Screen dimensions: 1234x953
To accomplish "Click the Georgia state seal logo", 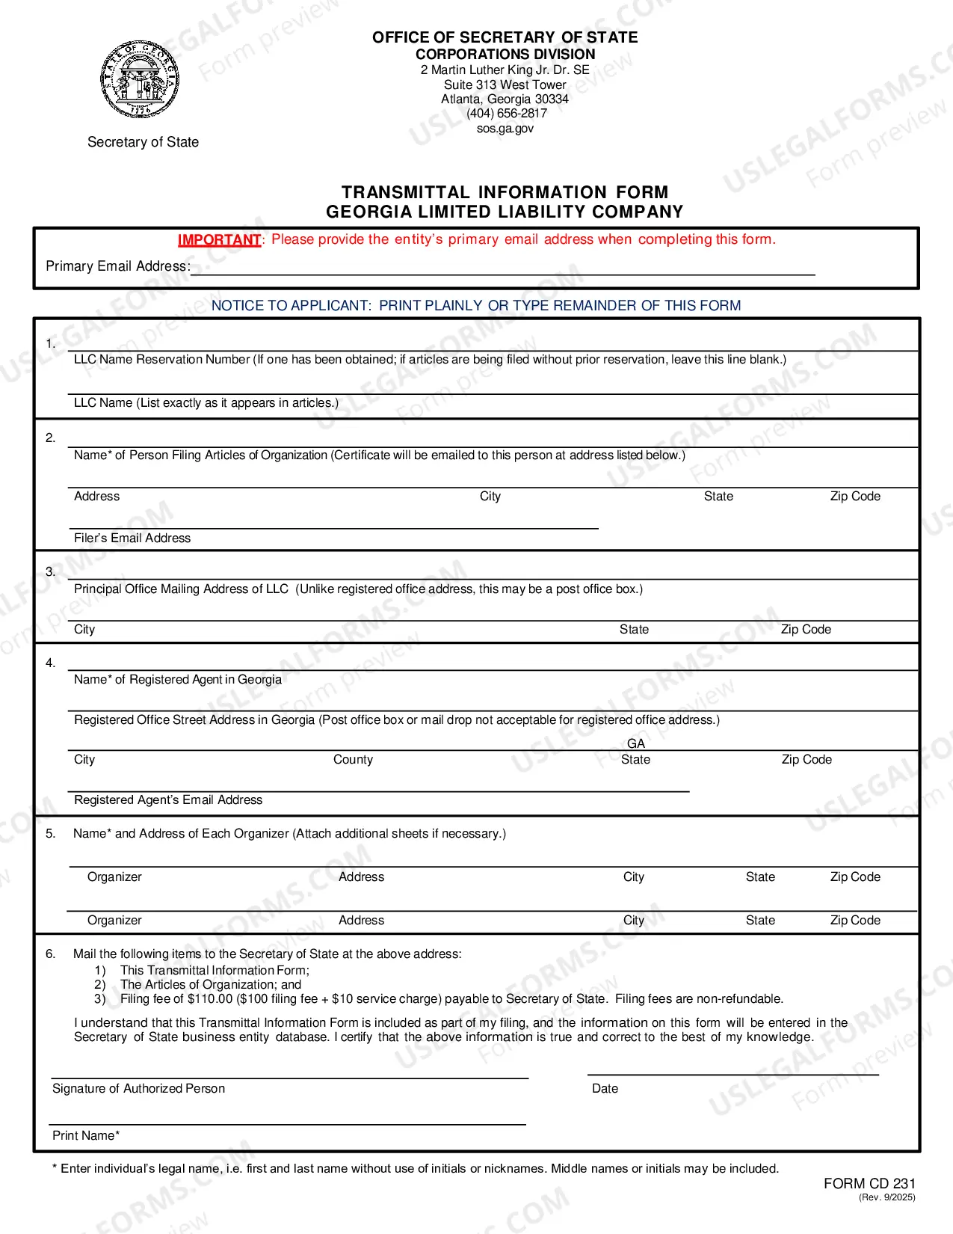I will click(x=140, y=79).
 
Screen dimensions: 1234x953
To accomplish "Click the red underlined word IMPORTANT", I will click(x=219, y=240).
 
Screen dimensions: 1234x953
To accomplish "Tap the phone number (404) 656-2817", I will click(x=507, y=114).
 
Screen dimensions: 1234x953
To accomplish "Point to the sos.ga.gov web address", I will click(x=505, y=129).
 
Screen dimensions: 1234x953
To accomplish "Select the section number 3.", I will click(x=50, y=571).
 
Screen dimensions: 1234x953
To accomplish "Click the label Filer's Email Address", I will click(x=132, y=538).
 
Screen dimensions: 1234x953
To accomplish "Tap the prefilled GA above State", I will click(x=636, y=743).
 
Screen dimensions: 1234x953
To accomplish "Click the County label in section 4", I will click(x=353, y=760).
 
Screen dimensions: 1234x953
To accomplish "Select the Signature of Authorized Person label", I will click(x=138, y=1089).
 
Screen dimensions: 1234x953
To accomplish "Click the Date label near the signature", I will click(x=605, y=1089).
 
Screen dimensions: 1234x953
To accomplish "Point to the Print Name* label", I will click(x=86, y=1135).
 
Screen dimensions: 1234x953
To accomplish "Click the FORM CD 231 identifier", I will click(x=869, y=1184).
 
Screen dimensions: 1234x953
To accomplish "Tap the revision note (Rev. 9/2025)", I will click(x=886, y=1197).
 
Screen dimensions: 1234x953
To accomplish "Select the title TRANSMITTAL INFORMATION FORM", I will click(x=505, y=193).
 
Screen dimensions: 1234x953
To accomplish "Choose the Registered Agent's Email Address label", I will click(x=168, y=800).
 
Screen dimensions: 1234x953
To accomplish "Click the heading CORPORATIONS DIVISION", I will click(x=505, y=55).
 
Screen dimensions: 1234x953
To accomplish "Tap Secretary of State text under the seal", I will click(x=143, y=142).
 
